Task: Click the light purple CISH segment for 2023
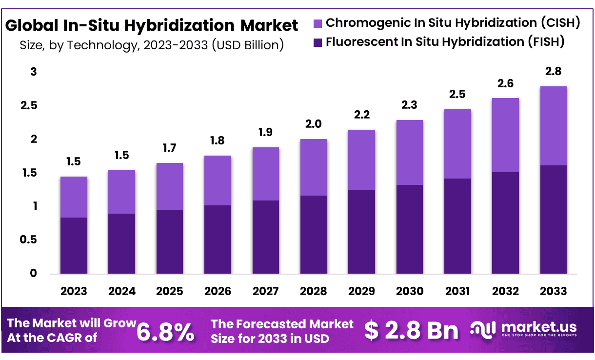pos(74,197)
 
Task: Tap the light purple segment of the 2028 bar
pos(314,167)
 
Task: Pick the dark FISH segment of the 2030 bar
pos(410,229)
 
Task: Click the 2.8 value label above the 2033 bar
pos(554,72)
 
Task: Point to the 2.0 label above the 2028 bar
pos(314,124)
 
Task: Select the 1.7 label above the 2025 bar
pos(170,148)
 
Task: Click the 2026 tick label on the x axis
pos(218,291)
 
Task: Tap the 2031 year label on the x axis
pos(457,291)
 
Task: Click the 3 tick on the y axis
pos(34,72)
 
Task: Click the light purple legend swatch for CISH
pos(317,23)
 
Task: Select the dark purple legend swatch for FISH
pos(317,42)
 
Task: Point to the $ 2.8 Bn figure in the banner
pos(412,331)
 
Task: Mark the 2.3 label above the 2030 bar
pos(410,105)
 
